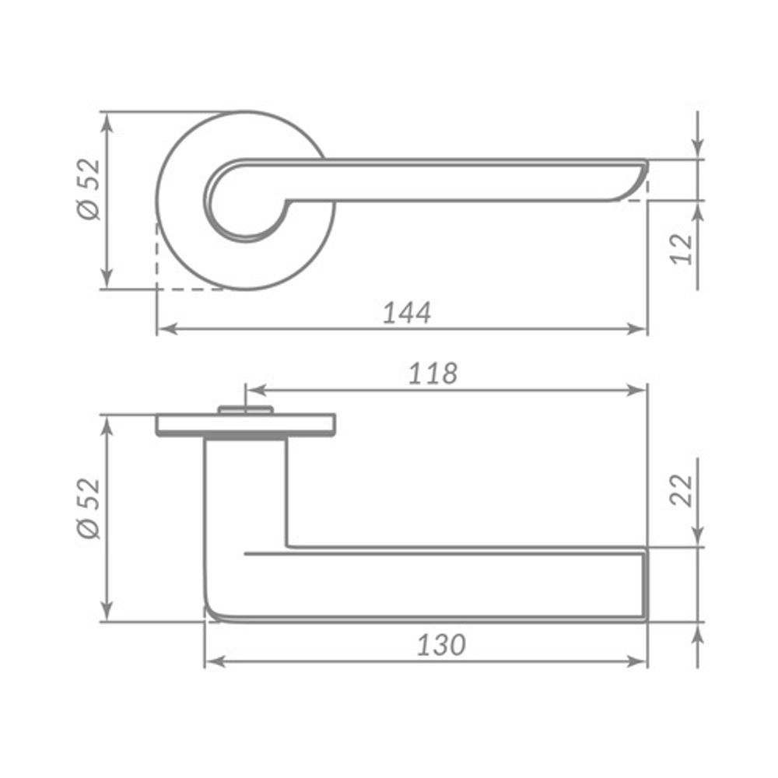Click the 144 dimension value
pyautogui.click(x=406, y=312)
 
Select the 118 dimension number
pyautogui.click(x=433, y=373)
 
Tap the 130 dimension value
pyautogui.click(x=441, y=645)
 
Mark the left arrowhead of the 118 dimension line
pyautogui.click(x=254, y=389)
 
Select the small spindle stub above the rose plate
pyautogui.click(x=246, y=408)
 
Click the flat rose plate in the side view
pyautogui.click(x=246, y=425)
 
